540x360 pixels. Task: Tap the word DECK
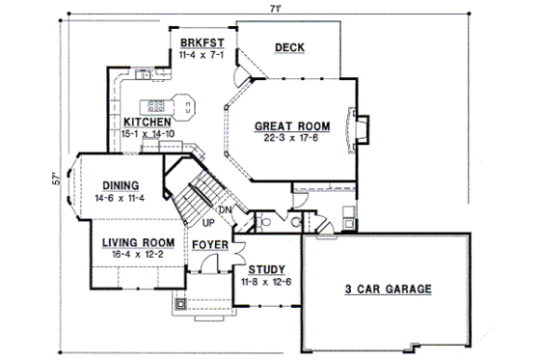point(289,47)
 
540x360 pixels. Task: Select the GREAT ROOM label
point(292,125)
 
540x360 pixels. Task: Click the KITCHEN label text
point(148,123)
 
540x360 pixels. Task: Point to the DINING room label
point(117,186)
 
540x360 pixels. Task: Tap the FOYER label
point(208,245)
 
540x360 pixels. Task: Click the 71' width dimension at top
point(277,8)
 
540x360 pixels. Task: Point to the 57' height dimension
point(58,179)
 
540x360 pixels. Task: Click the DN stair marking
point(224,209)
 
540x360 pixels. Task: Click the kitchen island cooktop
point(154,103)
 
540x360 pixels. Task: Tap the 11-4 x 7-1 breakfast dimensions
point(202,56)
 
